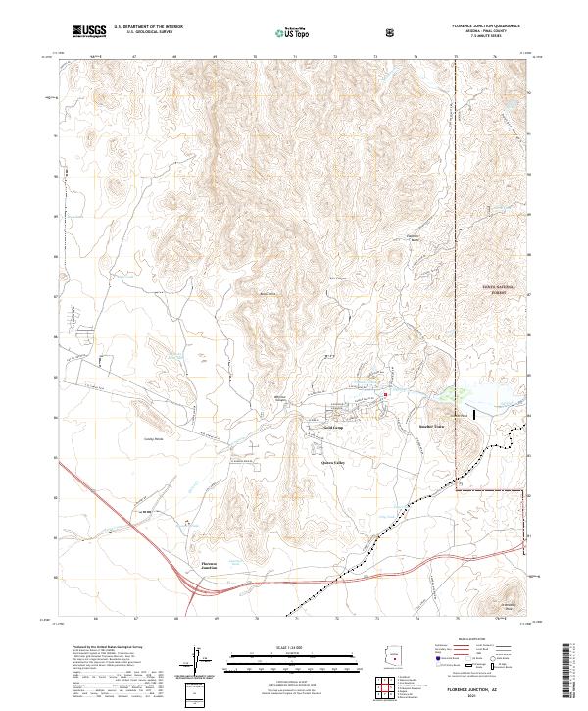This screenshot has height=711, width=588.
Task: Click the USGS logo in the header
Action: [89, 32]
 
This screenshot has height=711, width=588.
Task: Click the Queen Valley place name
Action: [333, 462]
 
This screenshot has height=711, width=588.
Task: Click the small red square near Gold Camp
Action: [386, 395]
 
